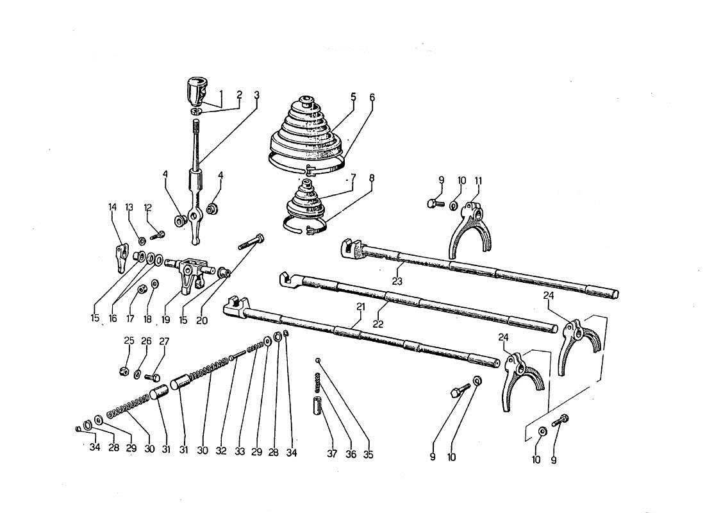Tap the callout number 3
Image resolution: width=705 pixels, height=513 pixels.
click(x=256, y=96)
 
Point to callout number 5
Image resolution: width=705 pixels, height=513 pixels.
click(x=353, y=97)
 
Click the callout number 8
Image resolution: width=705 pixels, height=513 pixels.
click(x=354, y=178)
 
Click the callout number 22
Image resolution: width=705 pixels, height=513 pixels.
click(x=378, y=325)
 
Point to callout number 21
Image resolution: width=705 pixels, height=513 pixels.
click(x=361, y=307)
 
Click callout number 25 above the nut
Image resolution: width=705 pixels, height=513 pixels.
click(x=129, y=341)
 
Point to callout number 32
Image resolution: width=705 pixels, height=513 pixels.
click(x=221, y=451)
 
